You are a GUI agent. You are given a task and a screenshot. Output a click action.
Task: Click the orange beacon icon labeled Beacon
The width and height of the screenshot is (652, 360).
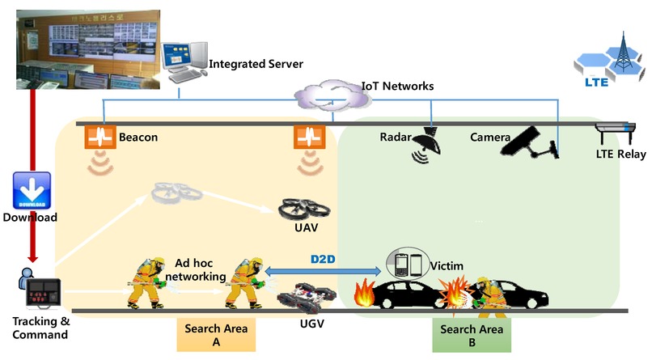click(x=95, y=137)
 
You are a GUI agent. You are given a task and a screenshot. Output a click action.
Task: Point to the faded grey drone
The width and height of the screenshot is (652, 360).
click(x=174, y=193)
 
